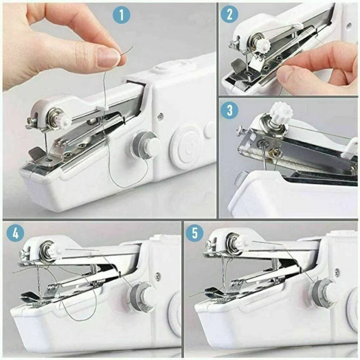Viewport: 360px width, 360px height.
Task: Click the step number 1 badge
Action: coord(121,15)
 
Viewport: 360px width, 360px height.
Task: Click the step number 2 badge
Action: coord(230,14)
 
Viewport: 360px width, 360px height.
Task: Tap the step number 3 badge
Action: coord(230,110)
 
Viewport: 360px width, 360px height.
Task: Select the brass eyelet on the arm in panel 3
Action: coord(276,153)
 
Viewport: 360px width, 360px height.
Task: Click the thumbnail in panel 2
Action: coord(285,73)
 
